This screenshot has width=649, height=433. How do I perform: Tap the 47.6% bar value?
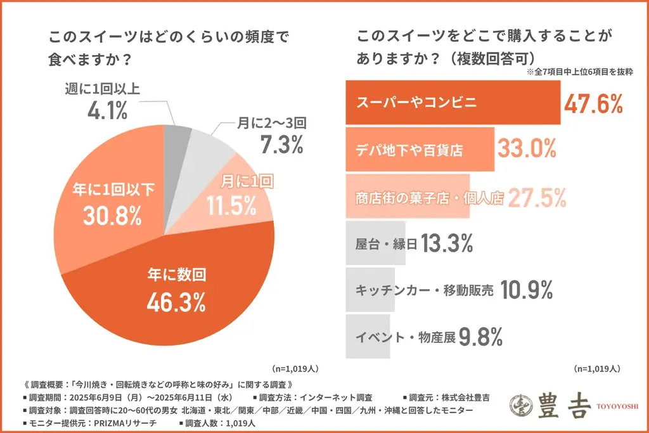pos(594,103)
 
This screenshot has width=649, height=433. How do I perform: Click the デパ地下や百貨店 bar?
pos(420,150)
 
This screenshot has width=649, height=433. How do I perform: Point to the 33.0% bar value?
pos(527,150)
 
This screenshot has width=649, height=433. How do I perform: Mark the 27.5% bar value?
pos(536,198)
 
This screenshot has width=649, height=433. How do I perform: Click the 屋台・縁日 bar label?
pos(385,243)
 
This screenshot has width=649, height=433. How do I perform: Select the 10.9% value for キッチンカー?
pos(527,290)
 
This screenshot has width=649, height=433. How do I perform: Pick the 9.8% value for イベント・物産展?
pos(481,337)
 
